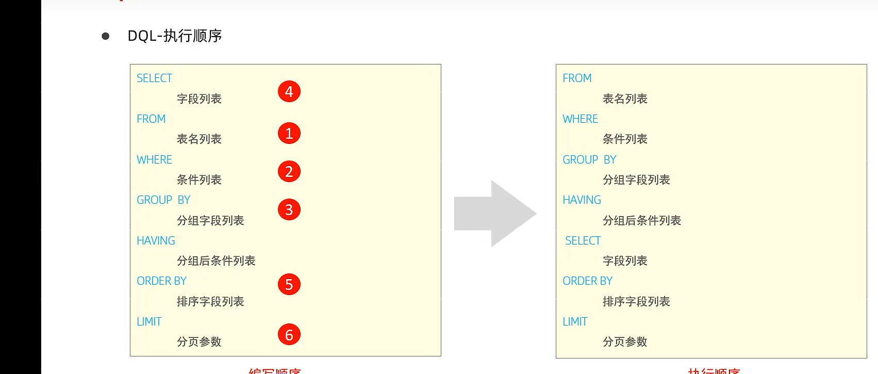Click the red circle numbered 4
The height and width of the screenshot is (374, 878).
(289, 92)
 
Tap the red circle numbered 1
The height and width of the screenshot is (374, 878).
(289, 134)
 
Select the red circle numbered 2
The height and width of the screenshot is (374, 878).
(289, 172)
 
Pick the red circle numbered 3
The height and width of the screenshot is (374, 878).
(289, 210)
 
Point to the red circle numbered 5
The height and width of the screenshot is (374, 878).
(289, 285)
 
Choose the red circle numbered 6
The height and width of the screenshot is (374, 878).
(289, 335)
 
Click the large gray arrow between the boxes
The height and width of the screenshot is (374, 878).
(495, 214)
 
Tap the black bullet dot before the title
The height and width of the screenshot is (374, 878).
(106, 36)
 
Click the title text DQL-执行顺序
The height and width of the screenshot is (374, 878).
(175, 36)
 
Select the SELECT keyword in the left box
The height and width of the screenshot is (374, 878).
(154, 78)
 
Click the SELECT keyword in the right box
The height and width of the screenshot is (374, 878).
(583, 241)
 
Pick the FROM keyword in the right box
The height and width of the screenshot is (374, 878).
(577, 78)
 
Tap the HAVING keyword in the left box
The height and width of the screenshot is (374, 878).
(156, 241)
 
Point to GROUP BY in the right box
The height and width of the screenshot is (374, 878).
(589, 160)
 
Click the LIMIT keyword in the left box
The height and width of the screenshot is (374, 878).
(149, 322)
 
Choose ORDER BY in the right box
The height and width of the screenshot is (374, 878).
(587, 281)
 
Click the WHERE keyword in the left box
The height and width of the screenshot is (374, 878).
(154, 160)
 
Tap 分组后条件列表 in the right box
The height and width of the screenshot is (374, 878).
(642, 221)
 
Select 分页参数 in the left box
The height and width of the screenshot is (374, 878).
(199, 342)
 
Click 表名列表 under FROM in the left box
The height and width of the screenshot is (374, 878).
(199, 139)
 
